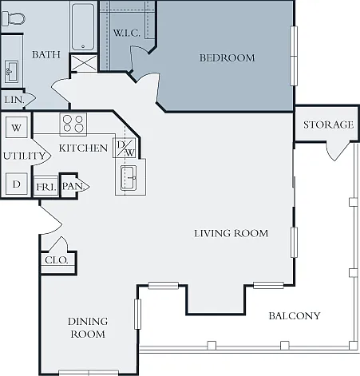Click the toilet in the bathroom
pos(13,18)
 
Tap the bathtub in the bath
pos(83,27)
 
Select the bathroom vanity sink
pos(12,72)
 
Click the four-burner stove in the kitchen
pos(73,124)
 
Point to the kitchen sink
pos(129,177)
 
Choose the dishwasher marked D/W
pos(125,148)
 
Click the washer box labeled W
pos(17,128)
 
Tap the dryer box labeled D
pos(17,184)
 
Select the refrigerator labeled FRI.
pos(46,187)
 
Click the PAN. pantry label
pos(73,186)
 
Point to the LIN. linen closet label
pos(14,100)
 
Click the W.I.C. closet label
pos(126,33)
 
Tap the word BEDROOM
pos(227,57)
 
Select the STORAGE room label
pos(329,125)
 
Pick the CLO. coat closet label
pos(57,260)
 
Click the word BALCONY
pos(295,316)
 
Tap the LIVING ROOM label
pos(231,233)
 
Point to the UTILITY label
pos(24,156)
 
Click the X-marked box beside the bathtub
pos(84,63)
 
